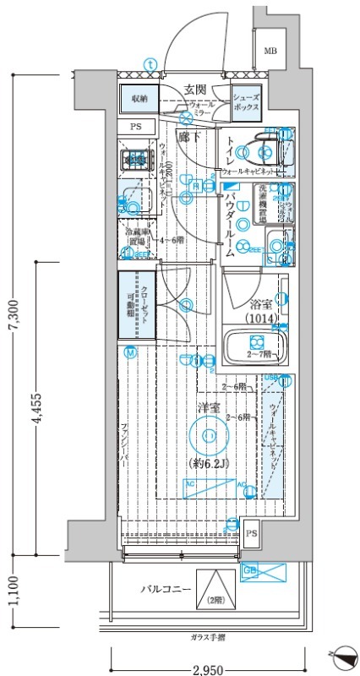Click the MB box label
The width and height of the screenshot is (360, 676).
tap(270, 51)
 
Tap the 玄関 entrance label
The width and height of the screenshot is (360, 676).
tap(196, 90)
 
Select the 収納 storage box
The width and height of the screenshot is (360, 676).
tap(139, 99)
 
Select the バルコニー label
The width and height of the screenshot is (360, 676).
tap(164, 590)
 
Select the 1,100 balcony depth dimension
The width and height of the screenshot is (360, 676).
tap(11, 591)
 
